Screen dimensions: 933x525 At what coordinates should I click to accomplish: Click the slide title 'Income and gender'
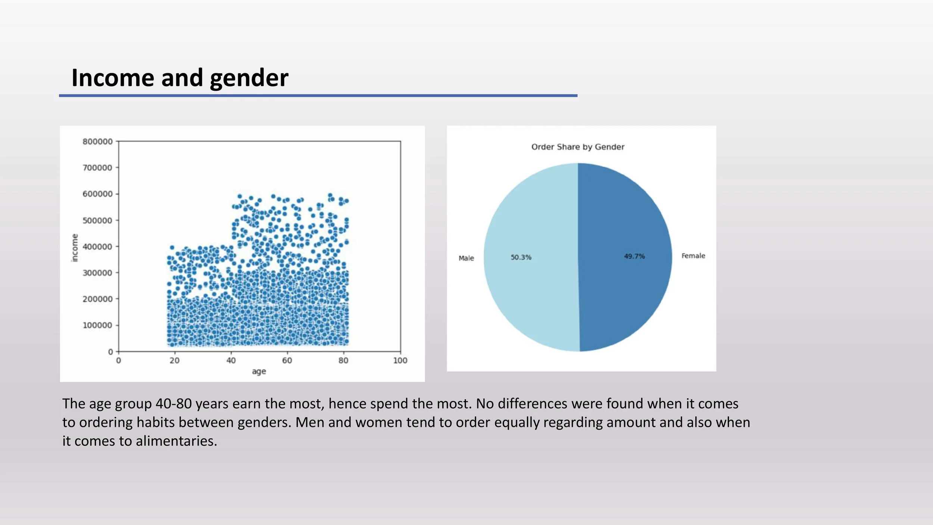[180, 78]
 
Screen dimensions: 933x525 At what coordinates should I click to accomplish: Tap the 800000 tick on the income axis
[97, 142]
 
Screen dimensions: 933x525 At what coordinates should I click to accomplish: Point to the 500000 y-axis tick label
[97, 220]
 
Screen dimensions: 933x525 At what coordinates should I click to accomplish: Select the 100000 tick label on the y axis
[97, 325]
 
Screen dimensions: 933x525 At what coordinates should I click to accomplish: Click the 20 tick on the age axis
[175, 360]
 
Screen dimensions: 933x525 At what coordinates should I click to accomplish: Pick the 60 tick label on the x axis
[287, 360]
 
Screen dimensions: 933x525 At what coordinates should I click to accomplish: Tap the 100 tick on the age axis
[400, 360]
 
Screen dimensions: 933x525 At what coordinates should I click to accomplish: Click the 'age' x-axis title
[259, 372]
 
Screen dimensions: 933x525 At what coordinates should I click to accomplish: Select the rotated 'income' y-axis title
[75, 248]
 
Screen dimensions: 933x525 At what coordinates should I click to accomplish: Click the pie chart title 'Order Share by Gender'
[578, 147]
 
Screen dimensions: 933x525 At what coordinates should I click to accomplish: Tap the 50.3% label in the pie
[521, 257]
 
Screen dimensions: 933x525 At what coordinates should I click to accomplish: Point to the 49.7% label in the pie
[634, 256]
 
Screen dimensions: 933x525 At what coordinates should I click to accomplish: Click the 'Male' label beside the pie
[466, 258]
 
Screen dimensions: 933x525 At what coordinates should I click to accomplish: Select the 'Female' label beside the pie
[693, 256]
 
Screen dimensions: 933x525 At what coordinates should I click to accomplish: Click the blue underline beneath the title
[318, 96]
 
